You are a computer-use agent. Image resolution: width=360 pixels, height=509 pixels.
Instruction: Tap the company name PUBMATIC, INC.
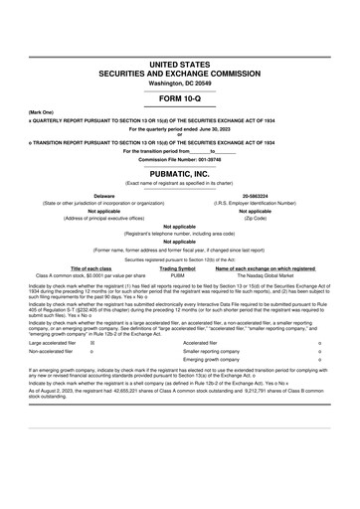(x=180, y=171)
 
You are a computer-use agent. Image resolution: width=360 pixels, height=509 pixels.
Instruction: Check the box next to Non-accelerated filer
(x=92, y=351)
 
